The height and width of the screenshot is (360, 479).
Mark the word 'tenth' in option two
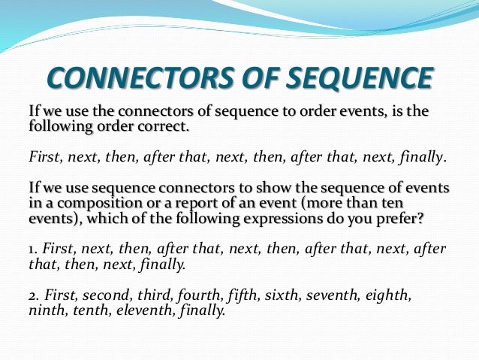[94, 309]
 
